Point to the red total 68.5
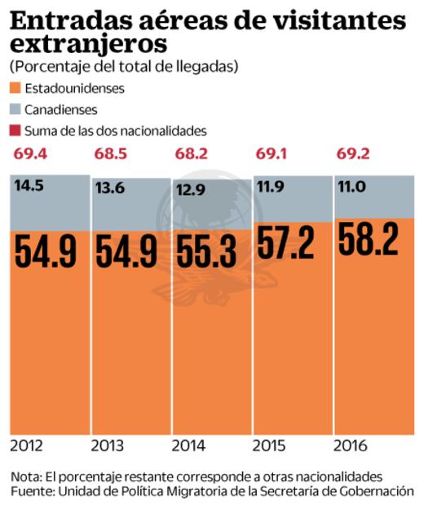pos(110,154)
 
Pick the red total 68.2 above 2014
pos(192,154)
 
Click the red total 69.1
pos(273,154)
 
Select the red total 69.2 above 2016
pos(355,154)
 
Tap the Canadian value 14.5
pos(29,187)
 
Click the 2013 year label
pos(108,446)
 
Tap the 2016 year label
pos(351,446)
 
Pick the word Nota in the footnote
pos(27,476)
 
